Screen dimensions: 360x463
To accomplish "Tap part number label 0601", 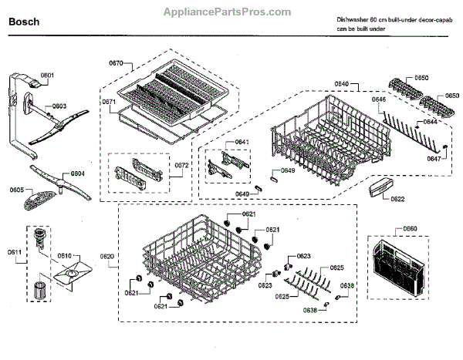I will [x=47, y=76].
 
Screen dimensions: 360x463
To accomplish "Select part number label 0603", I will [x=59, y=106].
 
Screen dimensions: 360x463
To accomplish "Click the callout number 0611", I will [x=14, y=252].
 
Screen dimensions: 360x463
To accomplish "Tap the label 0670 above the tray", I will [x=117, y=62].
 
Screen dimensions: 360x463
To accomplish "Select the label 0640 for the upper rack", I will [x=342, y=83].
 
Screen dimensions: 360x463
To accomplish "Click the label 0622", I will [x=397, y=200].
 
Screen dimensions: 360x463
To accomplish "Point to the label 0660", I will [x=409, y=229].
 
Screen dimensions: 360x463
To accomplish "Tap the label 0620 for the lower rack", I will [x=107, y=256].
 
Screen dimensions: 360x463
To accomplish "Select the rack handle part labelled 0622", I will [x=379, y=187].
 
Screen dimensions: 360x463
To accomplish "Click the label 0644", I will [x=430, y=122].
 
